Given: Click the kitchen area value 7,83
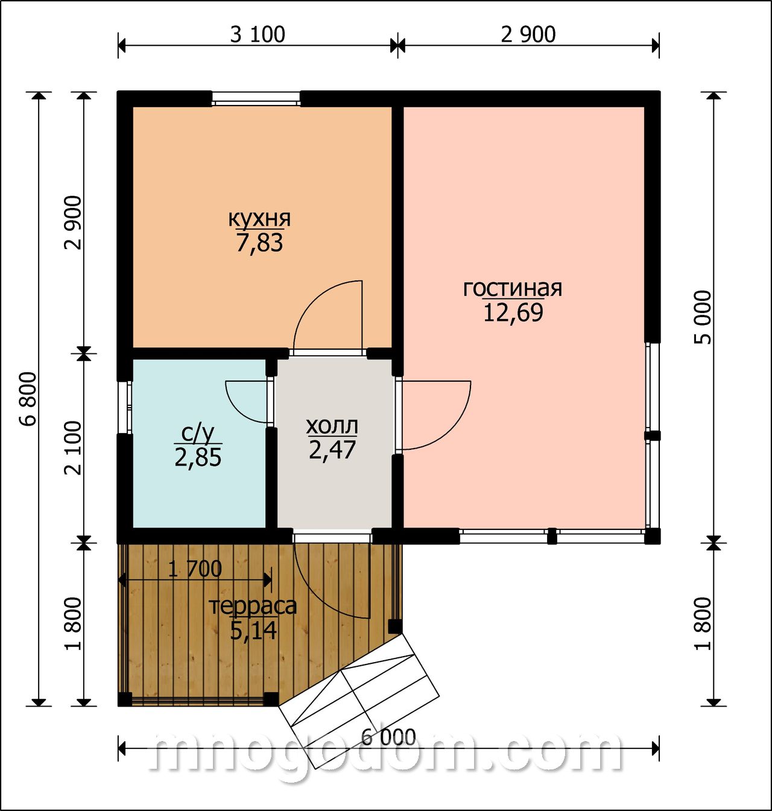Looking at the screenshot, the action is pos(259,242).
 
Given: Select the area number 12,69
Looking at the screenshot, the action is pos(513,312).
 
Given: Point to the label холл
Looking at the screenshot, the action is pos(332,426).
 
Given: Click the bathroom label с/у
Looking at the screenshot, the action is pos(198,433).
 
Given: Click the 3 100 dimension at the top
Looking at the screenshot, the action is pos(258,34).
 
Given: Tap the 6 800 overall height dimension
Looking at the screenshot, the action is pos(29,399).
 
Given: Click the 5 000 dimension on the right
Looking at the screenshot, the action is pos(703,317).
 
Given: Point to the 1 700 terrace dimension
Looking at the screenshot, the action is pos(195,569).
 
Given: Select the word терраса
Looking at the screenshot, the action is pos(253,607).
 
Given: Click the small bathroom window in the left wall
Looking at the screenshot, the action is pos(125,406).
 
